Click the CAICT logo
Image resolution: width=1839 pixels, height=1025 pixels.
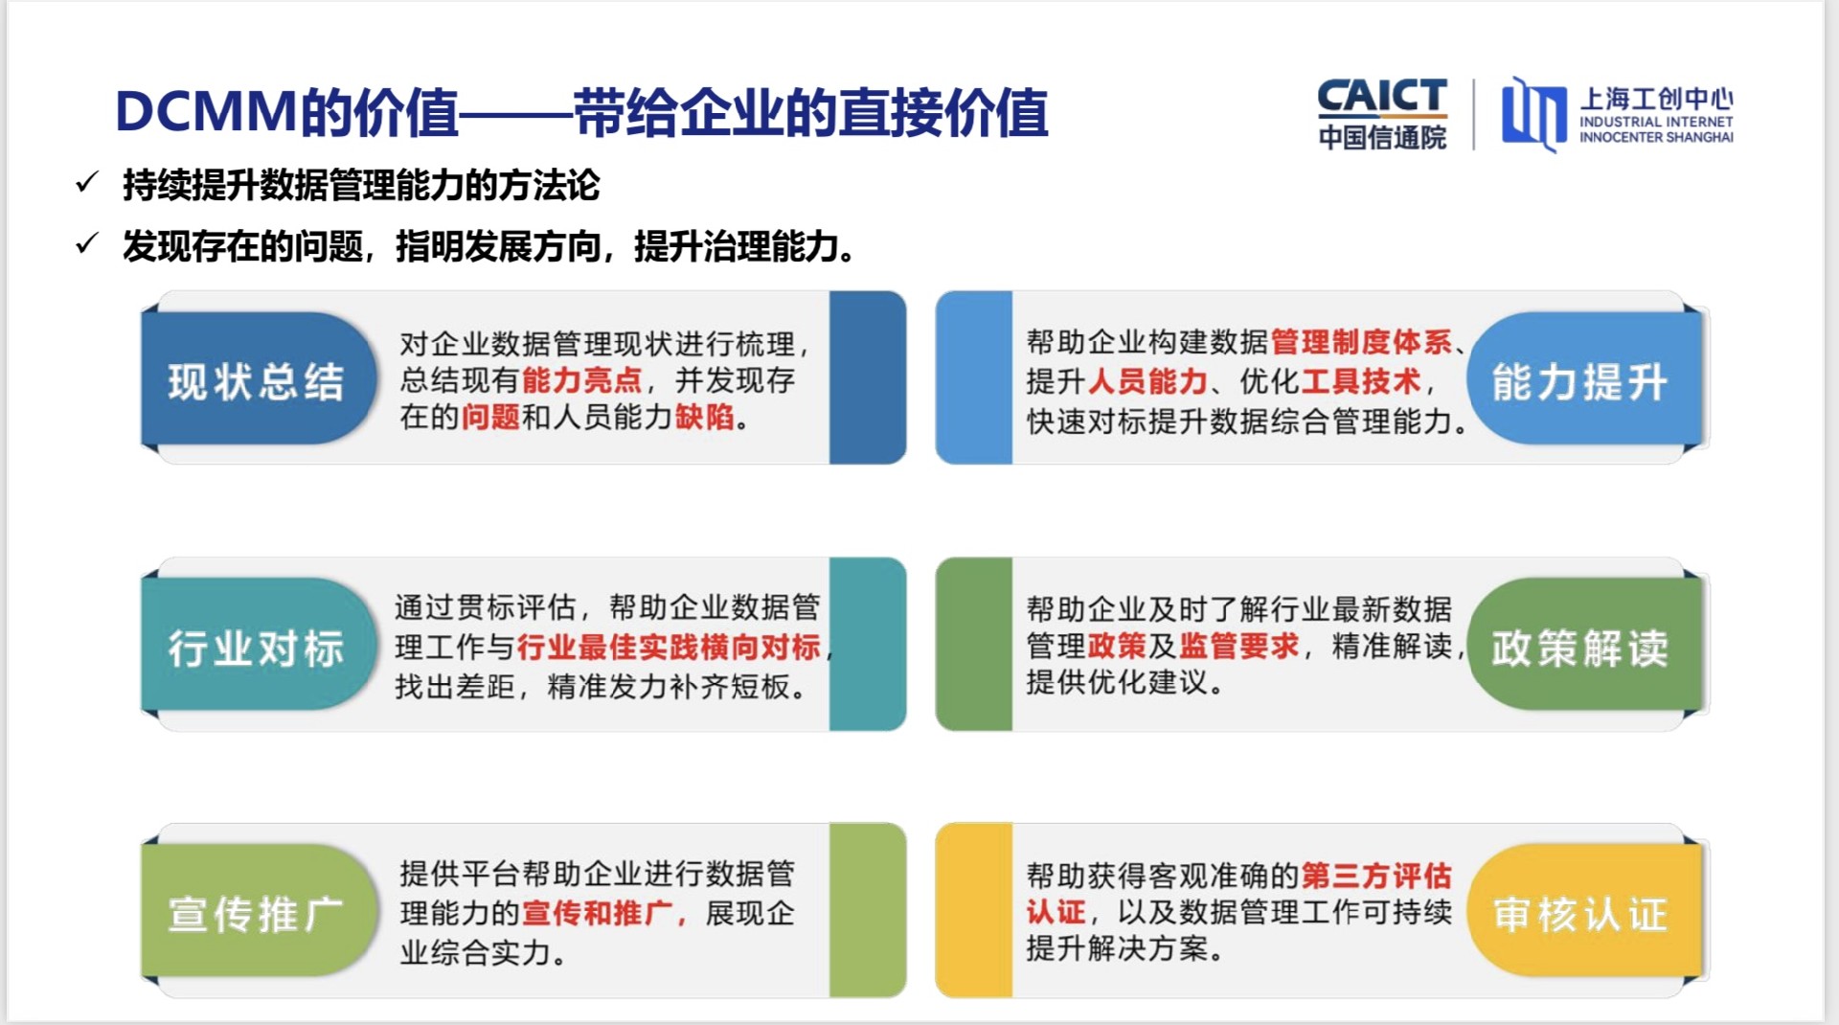pyautogui.click(x=1381, y=113)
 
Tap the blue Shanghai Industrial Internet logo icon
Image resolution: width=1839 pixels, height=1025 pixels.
pyautogui.click(x=1532, y=114)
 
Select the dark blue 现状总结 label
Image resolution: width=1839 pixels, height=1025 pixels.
pyautogui.click(x=256, y=381)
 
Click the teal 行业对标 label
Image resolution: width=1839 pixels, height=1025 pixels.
pyautogui.click(x=256, y=648)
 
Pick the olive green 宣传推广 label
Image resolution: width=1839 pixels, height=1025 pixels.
pyautogui.click(x=256, y=914)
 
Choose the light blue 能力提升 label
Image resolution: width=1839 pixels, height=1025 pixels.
pyautogui.click(x=1580, y=381)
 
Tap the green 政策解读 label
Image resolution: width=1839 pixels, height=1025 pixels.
pyautogui.click(x=1580, y=648)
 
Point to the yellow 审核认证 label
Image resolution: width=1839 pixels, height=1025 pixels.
pyautogui.click(x=1580, y=914)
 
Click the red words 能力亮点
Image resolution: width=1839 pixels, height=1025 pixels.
pyautogui.click(x=581, y=380)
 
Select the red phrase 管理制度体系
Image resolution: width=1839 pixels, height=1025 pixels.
pyautogui.click(x=1361, y=341)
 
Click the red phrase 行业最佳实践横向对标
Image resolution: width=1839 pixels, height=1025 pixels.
pyautogui.click(x=669, y=647)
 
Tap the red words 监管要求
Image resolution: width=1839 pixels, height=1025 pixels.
pyautogui.click(x=1239, y=646)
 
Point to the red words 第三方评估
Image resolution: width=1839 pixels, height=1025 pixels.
pyautogui.click(x=1376, y=875)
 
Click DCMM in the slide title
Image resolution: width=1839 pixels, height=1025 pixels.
pyautogui.click(x=205, y=112)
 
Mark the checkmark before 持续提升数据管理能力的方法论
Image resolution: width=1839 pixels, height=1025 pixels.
pyautogui.click(x=87, y=182)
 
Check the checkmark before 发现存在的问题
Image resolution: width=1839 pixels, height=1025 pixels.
pyautogui.click(x=87, y=244)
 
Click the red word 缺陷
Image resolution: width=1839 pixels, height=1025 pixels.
pyautogui.click(x=705, y=417)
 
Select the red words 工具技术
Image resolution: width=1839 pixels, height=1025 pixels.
pyautogui.click(x=1361, y=381)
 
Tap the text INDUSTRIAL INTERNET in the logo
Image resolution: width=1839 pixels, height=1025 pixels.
pyautogui.click(x=1656, y=122)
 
